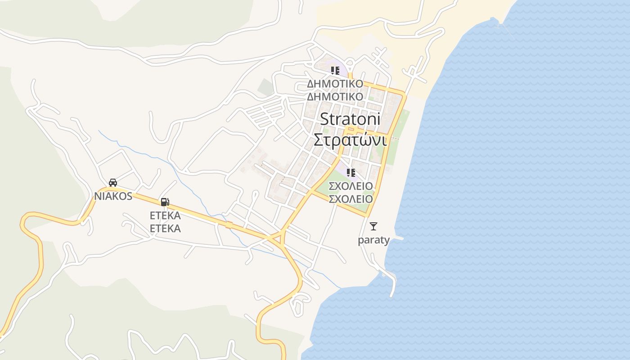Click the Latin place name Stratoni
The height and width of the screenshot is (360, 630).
pyautogui.click(x=350, y=119)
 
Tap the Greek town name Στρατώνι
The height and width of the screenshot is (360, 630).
pyautogui.click(x=350, y=140)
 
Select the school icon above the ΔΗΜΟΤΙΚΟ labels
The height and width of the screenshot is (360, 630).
pyautogui.click(x=335, y=70)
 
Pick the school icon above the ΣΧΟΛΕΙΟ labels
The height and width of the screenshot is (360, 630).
pyautogui.click(x=351, y=172)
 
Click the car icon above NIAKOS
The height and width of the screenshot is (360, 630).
pyautogui.click(x=113, y=182)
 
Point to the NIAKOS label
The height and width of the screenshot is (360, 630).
pyautogui.click(x=113, y=196)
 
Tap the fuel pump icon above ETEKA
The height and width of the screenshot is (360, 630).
pyautogui.click(x=165, y=202)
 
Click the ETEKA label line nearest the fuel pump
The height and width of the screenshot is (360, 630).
pyautogui.click(x=165, y=215)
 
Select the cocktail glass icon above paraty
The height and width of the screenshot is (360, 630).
pyautogui.click(x=373, y=226)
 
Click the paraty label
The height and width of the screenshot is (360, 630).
pyautogui.click(x=373, y=240)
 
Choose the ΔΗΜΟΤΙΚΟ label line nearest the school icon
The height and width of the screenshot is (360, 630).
pyautogui.click(x=335, y=84)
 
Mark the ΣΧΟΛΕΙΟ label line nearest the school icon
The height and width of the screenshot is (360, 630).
pyautogui.click(x=351, y=186)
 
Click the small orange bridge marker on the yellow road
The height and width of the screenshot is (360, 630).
pyautogui.click(x=229, y=225)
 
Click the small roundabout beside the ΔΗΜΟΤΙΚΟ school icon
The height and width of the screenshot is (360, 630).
pyautogui.click(x=351, y=76)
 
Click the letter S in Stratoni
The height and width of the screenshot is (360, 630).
pyautogui.click(x=325, y=119)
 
